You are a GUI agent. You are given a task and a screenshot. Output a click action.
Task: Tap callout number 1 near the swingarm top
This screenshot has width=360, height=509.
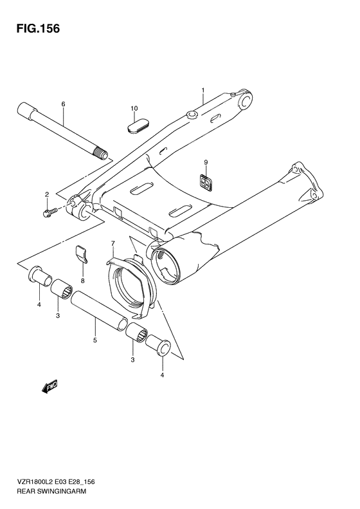click(x=203, y=90)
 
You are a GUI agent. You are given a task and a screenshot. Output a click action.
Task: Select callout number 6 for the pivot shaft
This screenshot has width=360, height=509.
click(x=63, y=104)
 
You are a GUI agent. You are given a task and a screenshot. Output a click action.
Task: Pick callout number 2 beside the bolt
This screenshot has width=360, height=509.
click(x=47, y=194)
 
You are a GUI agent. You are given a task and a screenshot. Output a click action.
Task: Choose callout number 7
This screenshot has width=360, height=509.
click(x=113, y=244)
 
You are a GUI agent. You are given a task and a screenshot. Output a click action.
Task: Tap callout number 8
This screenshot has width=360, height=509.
click(x=82, y=281)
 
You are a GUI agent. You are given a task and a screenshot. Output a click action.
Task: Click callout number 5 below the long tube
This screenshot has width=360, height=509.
click(x=95, y=340)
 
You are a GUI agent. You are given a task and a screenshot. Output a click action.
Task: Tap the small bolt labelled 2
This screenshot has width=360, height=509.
click(x=49, y=211)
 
